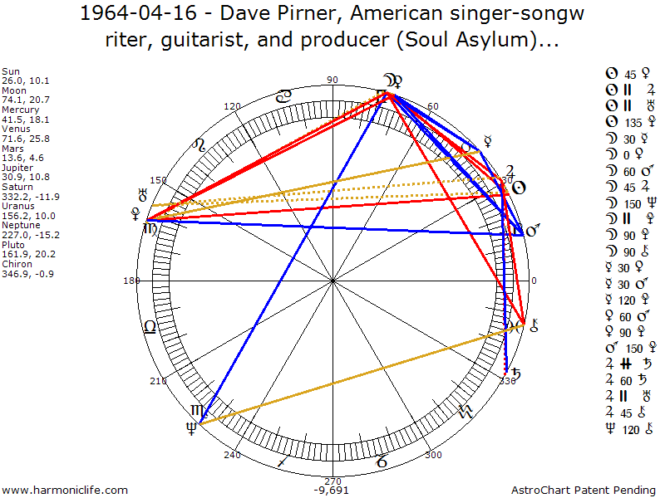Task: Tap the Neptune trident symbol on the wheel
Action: click(x=192, y=428)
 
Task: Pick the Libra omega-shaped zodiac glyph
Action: click(x=150, y=326)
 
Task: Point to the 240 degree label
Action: click(x=232, y=454)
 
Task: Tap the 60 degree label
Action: click(x=432, y=106)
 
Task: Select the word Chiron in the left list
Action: click(x=16, y=264)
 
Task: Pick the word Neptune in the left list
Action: click(x=20, y=226)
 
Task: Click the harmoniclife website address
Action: click(x=65, y=491)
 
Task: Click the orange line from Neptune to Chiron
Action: click(x=357, y=375)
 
